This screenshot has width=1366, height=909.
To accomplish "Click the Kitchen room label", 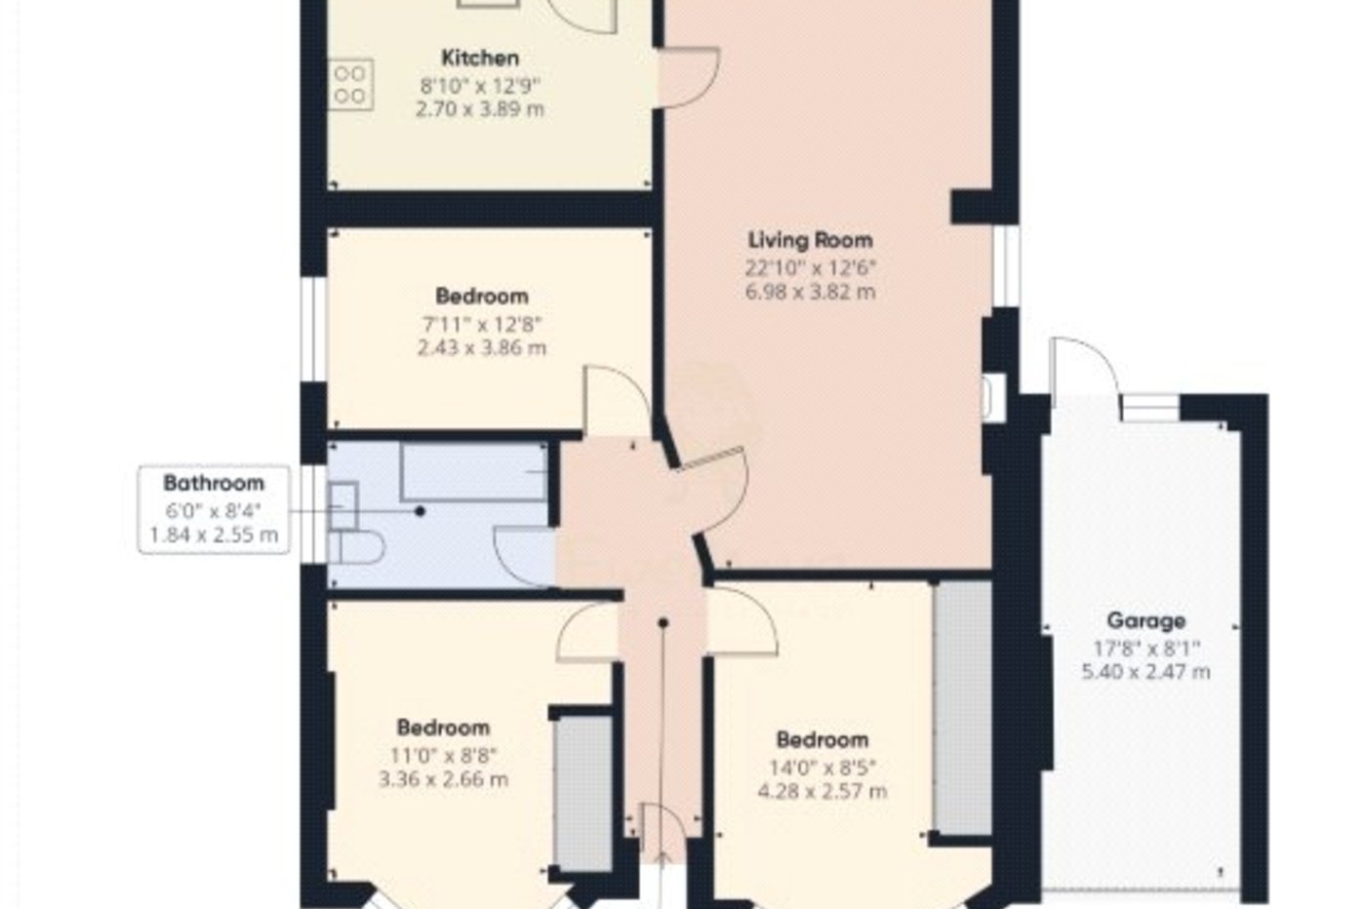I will coord(479,58).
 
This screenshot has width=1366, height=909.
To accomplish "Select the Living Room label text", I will coord(810,240).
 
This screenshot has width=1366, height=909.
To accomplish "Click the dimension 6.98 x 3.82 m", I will coord(810,292).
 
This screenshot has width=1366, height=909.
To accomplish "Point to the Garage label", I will coord(1145,620).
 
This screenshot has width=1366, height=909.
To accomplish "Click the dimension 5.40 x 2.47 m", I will coord(1145,672).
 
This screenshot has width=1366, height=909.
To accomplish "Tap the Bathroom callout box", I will coord(214,509).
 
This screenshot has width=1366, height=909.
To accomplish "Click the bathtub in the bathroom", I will coord(474,472).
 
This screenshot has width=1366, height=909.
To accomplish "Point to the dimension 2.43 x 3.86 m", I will coord(481,348).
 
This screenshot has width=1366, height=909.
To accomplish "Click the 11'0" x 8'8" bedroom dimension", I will coord(444,754).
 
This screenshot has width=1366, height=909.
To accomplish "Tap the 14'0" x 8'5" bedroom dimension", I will coord(823,766).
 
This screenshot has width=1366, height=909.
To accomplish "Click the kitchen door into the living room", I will coord(691,78).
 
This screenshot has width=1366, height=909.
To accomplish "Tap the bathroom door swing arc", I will coord(525,556).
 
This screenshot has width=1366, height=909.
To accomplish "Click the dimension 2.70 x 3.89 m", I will coord(479,109).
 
